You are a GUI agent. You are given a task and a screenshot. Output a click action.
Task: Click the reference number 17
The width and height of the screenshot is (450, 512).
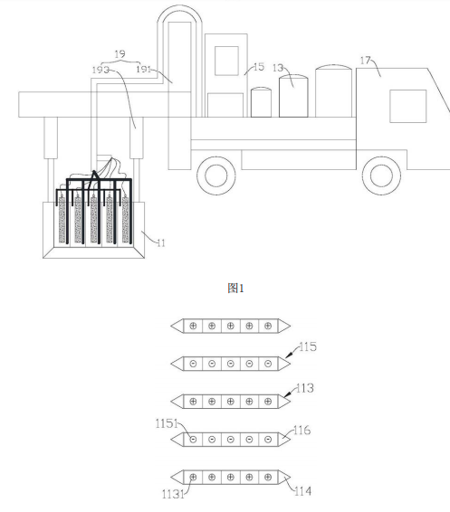[366, 61]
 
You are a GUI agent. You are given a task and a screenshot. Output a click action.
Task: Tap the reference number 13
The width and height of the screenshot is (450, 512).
[278, 68]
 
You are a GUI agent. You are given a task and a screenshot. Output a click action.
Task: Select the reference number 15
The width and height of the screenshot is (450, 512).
[258, 67]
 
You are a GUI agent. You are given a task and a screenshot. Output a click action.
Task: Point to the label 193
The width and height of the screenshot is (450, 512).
[101, 70]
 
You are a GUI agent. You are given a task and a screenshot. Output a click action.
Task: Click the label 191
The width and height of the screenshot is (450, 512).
[143, 69]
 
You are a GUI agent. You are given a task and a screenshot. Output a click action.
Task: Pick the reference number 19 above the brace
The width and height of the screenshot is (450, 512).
[120, 54]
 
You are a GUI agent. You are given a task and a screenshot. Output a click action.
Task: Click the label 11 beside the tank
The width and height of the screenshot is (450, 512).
[161, 243]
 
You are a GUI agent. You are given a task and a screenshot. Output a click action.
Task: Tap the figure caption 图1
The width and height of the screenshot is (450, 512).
[235, 289]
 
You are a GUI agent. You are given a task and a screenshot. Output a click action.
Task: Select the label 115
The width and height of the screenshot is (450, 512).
[308, 346]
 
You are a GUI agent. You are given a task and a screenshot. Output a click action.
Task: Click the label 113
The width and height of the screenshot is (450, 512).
[305, 388]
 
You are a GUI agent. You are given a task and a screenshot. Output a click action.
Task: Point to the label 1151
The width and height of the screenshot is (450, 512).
[167, 423]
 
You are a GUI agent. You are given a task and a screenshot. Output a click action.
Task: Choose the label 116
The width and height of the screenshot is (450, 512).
[302, 431]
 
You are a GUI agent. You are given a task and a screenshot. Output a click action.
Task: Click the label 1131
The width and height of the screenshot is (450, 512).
[173, 494]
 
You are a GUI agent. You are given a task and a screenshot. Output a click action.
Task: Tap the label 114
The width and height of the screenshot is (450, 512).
[302, 491]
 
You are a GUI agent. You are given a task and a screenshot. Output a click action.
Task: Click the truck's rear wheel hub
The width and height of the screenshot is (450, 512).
[216, 175]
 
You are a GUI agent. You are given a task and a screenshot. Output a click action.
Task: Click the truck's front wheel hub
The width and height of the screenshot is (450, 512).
[381, 175]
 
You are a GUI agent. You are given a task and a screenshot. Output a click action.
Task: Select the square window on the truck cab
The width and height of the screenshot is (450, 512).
[407, 106]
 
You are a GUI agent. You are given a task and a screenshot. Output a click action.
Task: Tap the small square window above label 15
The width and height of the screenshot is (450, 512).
[226, 61]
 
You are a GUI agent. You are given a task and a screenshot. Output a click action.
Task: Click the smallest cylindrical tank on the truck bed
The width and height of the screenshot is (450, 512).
[261, 102]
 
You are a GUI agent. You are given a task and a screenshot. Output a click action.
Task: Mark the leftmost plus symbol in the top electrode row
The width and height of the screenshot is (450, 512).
[193, 326]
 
